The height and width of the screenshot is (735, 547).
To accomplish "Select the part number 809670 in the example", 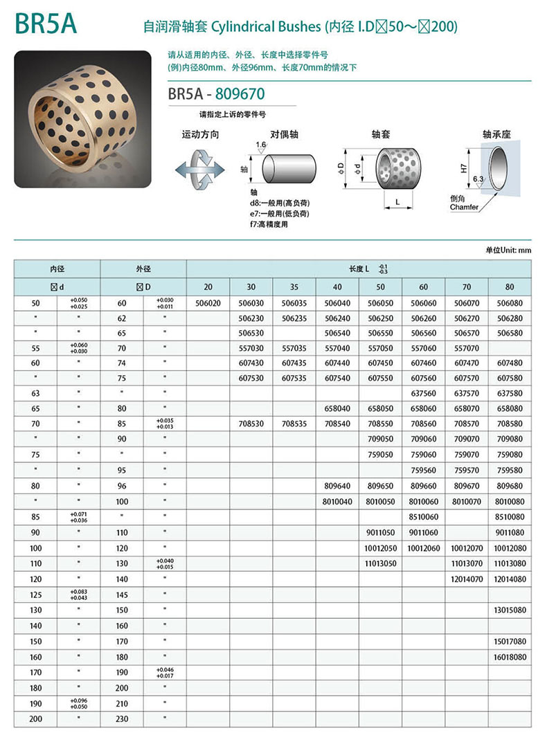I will click(240, 93).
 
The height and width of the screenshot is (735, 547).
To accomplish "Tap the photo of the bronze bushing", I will click(84, 118).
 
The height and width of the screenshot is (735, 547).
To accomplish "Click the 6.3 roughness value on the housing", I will click(478, 179).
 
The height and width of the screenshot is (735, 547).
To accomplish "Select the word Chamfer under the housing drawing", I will click(464, 207).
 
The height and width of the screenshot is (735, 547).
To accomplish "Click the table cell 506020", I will click(208, 303).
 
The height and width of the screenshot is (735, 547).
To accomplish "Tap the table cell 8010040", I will click(337, 501).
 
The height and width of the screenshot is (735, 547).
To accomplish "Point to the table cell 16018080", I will click(510, 657).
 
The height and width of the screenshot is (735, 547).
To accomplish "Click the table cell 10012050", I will click(380, 548).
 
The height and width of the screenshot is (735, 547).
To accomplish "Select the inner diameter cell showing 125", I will click(37, 595).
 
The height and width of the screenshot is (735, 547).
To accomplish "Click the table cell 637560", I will click(424, 392).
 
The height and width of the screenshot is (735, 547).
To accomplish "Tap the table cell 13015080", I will click(510, 610).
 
